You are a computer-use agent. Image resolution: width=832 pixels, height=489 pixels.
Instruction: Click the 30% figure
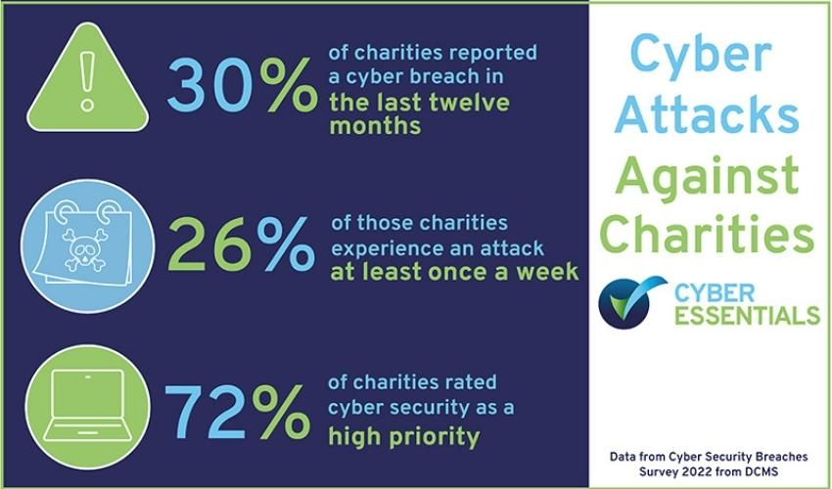coord(235,87)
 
